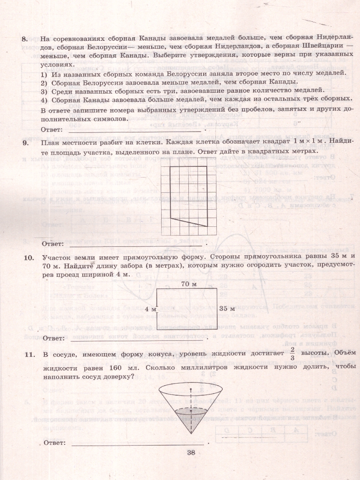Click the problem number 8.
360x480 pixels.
pyautogui.click(x=25, y=39)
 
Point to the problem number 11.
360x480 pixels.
pyautogui.click(x=28, y=354)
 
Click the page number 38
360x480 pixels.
pyautogui.click(x=190, y=453)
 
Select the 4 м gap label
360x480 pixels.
pyautogui.click(x=150, y=309)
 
